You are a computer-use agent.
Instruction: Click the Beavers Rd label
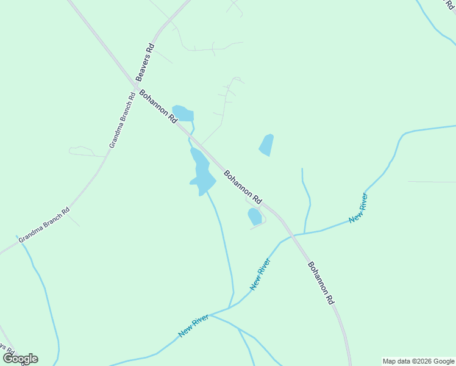(145, 62)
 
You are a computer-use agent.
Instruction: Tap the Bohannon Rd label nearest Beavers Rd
(158, 107)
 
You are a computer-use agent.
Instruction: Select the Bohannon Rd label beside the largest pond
(243, 187)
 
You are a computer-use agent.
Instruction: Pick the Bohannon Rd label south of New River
(321, 283)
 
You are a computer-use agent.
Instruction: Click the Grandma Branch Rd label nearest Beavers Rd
(122, 120)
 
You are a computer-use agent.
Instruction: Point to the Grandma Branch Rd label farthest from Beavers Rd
(44, 226)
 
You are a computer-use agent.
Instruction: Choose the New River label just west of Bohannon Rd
(260, 274)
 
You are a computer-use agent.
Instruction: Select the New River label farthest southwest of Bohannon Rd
(194, 325)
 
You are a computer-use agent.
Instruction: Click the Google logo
(20, 359)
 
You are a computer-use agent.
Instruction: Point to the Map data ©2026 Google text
(419, 361)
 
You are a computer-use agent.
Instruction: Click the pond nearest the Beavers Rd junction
(183, 113)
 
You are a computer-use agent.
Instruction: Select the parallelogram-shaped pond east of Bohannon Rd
(266, 145)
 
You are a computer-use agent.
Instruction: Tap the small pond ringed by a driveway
(255, 217)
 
